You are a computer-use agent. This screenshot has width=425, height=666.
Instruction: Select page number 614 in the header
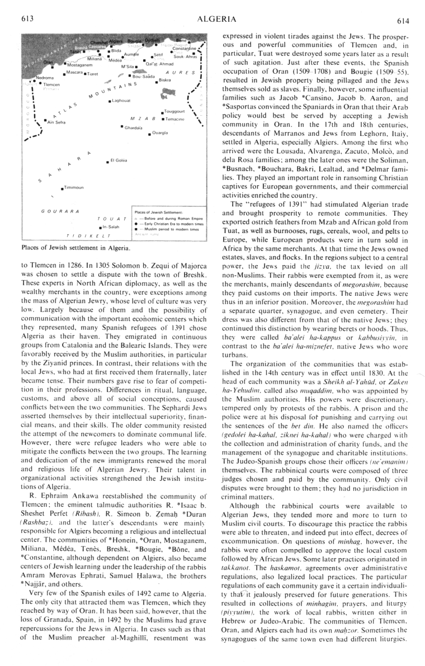[404, 20]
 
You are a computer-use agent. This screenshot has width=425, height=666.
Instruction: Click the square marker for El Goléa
[107, 162]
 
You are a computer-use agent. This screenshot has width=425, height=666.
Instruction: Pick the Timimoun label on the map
[74, 187]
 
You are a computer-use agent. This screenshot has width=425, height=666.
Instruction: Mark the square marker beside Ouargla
[149, 134]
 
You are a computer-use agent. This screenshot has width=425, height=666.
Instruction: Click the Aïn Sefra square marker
[45, 120]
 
